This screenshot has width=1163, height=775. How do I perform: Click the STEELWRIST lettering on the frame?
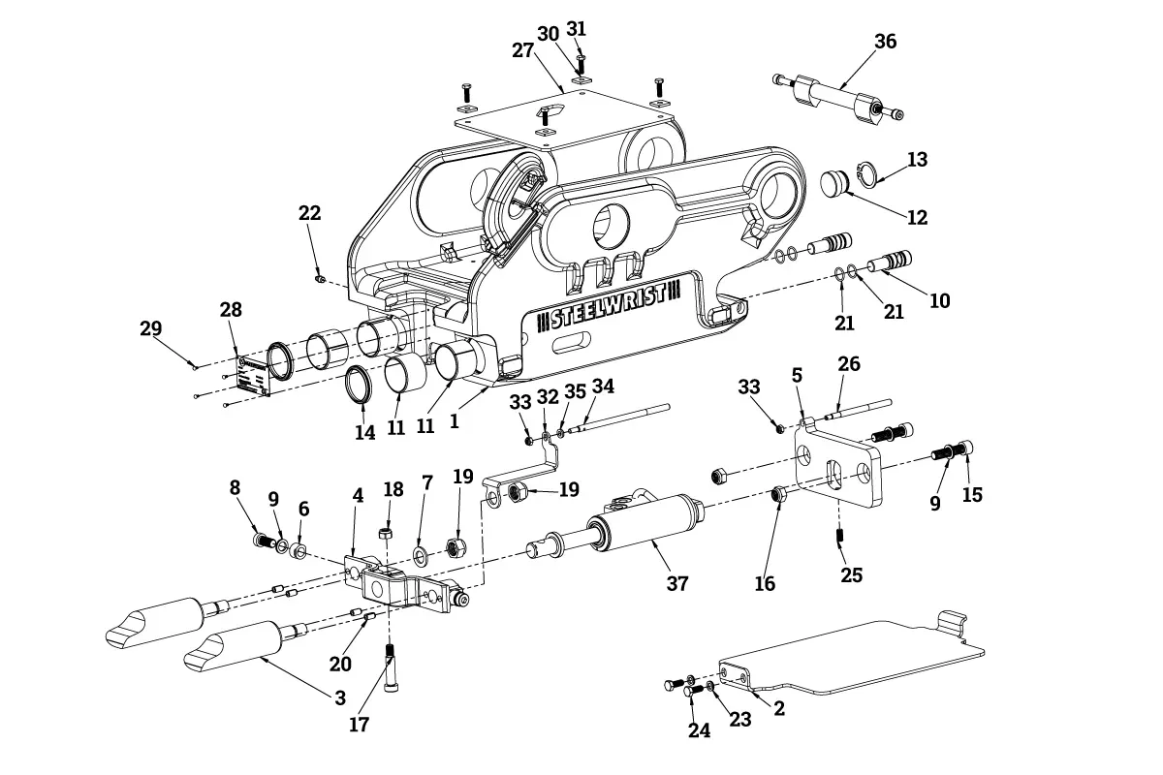[x=608, y=309]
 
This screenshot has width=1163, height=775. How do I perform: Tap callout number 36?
[x=885, y=41]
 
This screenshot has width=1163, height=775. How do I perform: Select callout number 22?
[x=309, y=213]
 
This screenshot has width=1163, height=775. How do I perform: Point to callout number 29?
[x=150, y=328]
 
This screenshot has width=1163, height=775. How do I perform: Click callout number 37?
[x=677, y=583]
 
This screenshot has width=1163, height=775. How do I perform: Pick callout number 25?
[x=852, y=575]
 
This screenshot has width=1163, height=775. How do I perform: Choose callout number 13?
[x=917, y=160]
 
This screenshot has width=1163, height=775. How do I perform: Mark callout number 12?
[x=917, y=217]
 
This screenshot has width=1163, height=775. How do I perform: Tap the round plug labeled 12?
[x=834, y=183]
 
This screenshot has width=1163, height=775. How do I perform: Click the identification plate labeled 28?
[x=254, y=376]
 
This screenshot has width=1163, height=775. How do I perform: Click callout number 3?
[x=340, y=698]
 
